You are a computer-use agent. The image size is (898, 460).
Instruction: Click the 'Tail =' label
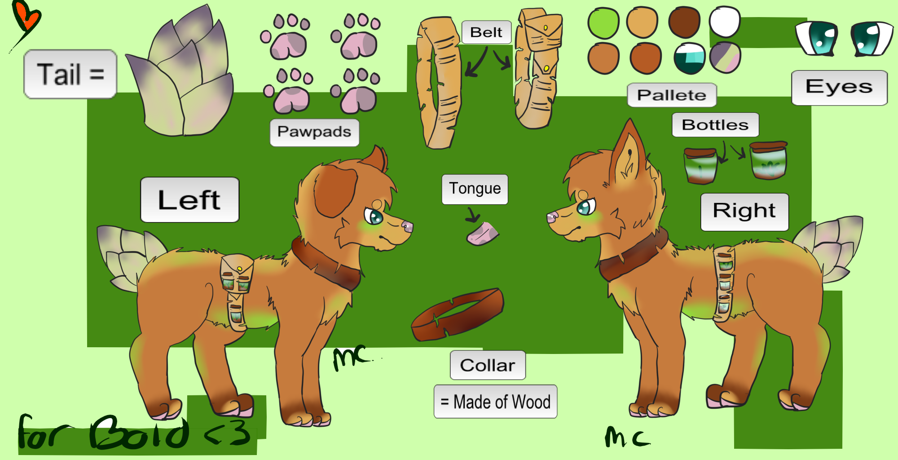(x=70, y=74)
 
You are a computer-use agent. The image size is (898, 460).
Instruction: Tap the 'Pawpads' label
(x=314, y=132)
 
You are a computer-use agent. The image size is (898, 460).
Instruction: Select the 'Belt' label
(x=486, y=32)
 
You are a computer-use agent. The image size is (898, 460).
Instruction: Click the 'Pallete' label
(x=671, y=95)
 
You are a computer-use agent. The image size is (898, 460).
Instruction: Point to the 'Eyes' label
(x=839, y=87)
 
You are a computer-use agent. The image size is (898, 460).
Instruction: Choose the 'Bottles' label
(x=715, y=124)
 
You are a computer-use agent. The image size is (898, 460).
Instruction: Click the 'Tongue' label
(x=475, y=189)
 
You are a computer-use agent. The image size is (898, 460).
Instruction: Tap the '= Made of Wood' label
(x=495, y=401)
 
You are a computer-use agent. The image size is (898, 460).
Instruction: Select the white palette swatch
(x=724, y=22)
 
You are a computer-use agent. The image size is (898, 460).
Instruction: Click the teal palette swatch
(x=689, y=58)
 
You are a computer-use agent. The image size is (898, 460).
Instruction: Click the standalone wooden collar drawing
(x=458, y=314)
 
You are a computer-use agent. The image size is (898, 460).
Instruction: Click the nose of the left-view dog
(x=408, y=226)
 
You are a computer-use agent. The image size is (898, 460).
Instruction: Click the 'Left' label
(x=189, y=200)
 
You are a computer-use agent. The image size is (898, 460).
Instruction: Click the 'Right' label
(x=744, y=212)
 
